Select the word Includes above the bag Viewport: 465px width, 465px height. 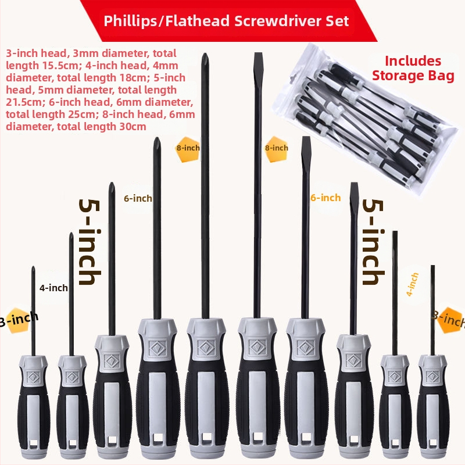pos(413,61)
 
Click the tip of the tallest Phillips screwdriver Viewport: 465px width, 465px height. pos(204,54)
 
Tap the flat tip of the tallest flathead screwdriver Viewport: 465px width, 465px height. pos(258,54)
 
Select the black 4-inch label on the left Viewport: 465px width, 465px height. pos(53,288)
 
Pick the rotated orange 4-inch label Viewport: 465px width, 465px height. pos(412,284)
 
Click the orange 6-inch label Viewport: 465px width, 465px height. pos(325,198)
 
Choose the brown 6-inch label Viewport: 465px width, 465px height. pos(138,198)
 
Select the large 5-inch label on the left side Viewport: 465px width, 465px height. pos(90,242)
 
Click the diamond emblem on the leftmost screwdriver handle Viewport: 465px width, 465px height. pos(33,377)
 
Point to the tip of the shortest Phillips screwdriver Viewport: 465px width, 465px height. pos(33,267)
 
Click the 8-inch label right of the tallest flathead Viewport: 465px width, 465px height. pos(277,148)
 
